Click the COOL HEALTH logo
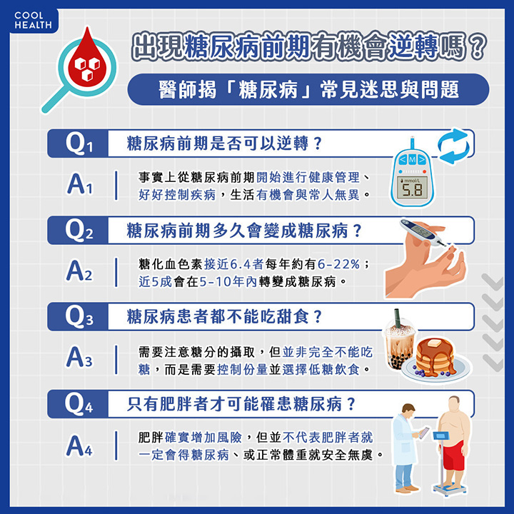[x=33, y=20]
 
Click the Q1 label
[x=79, y=143]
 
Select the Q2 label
[x=79, y=231]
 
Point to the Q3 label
[x=79, y=317]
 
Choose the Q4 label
[x=79, y=404]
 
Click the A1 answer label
[x=80, y=184]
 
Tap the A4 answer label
[x=80, y=445]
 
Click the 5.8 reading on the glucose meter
[x=413, y=189]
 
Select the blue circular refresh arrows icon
[x=454, y=146]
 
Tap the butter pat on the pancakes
[x=435, y=343]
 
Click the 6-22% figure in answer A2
[x=338, y=264]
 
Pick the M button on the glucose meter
[x=413, y=160]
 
